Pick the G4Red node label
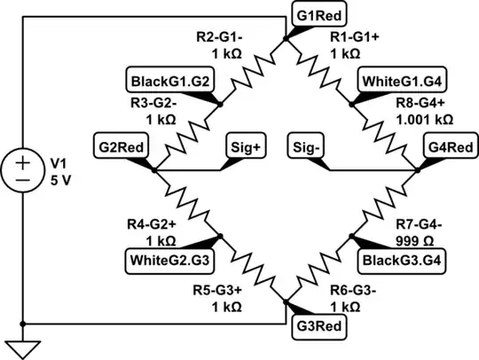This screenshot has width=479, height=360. (450, 145)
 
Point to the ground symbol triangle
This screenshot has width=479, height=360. (22, 344)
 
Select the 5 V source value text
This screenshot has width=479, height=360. (59, 178)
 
